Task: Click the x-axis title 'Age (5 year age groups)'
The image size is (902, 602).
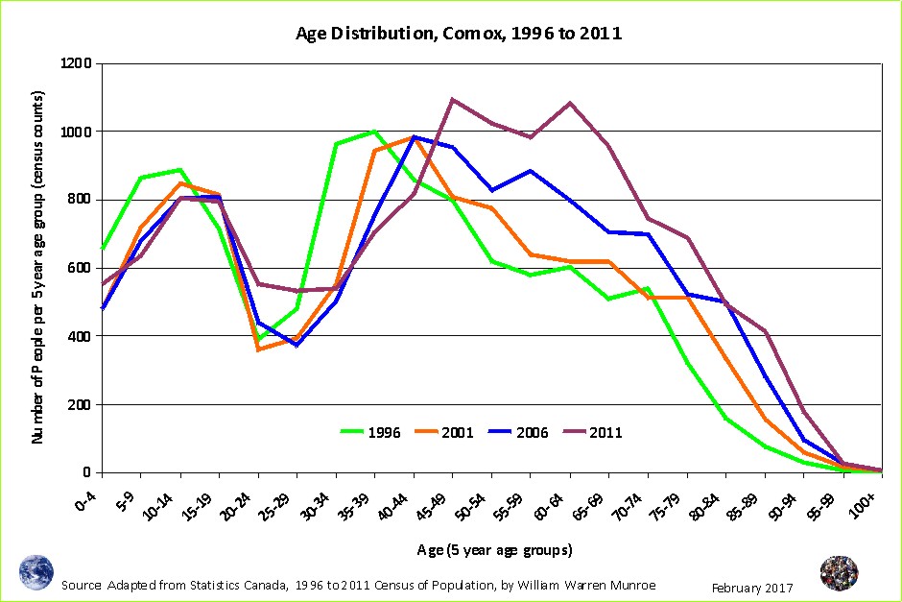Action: click(x=494, y=550)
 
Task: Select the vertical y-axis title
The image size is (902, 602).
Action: click(x=38, y=268)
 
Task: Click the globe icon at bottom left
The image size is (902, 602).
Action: click(x=36, y=572)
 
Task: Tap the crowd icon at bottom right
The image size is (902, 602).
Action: click(x=839, y=573)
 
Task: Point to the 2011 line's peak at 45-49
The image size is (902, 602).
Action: click(x=452, y=99)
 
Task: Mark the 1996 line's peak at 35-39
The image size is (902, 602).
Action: click(x=374, y=132)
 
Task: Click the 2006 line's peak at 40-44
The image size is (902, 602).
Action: click(x=413, y=136)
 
